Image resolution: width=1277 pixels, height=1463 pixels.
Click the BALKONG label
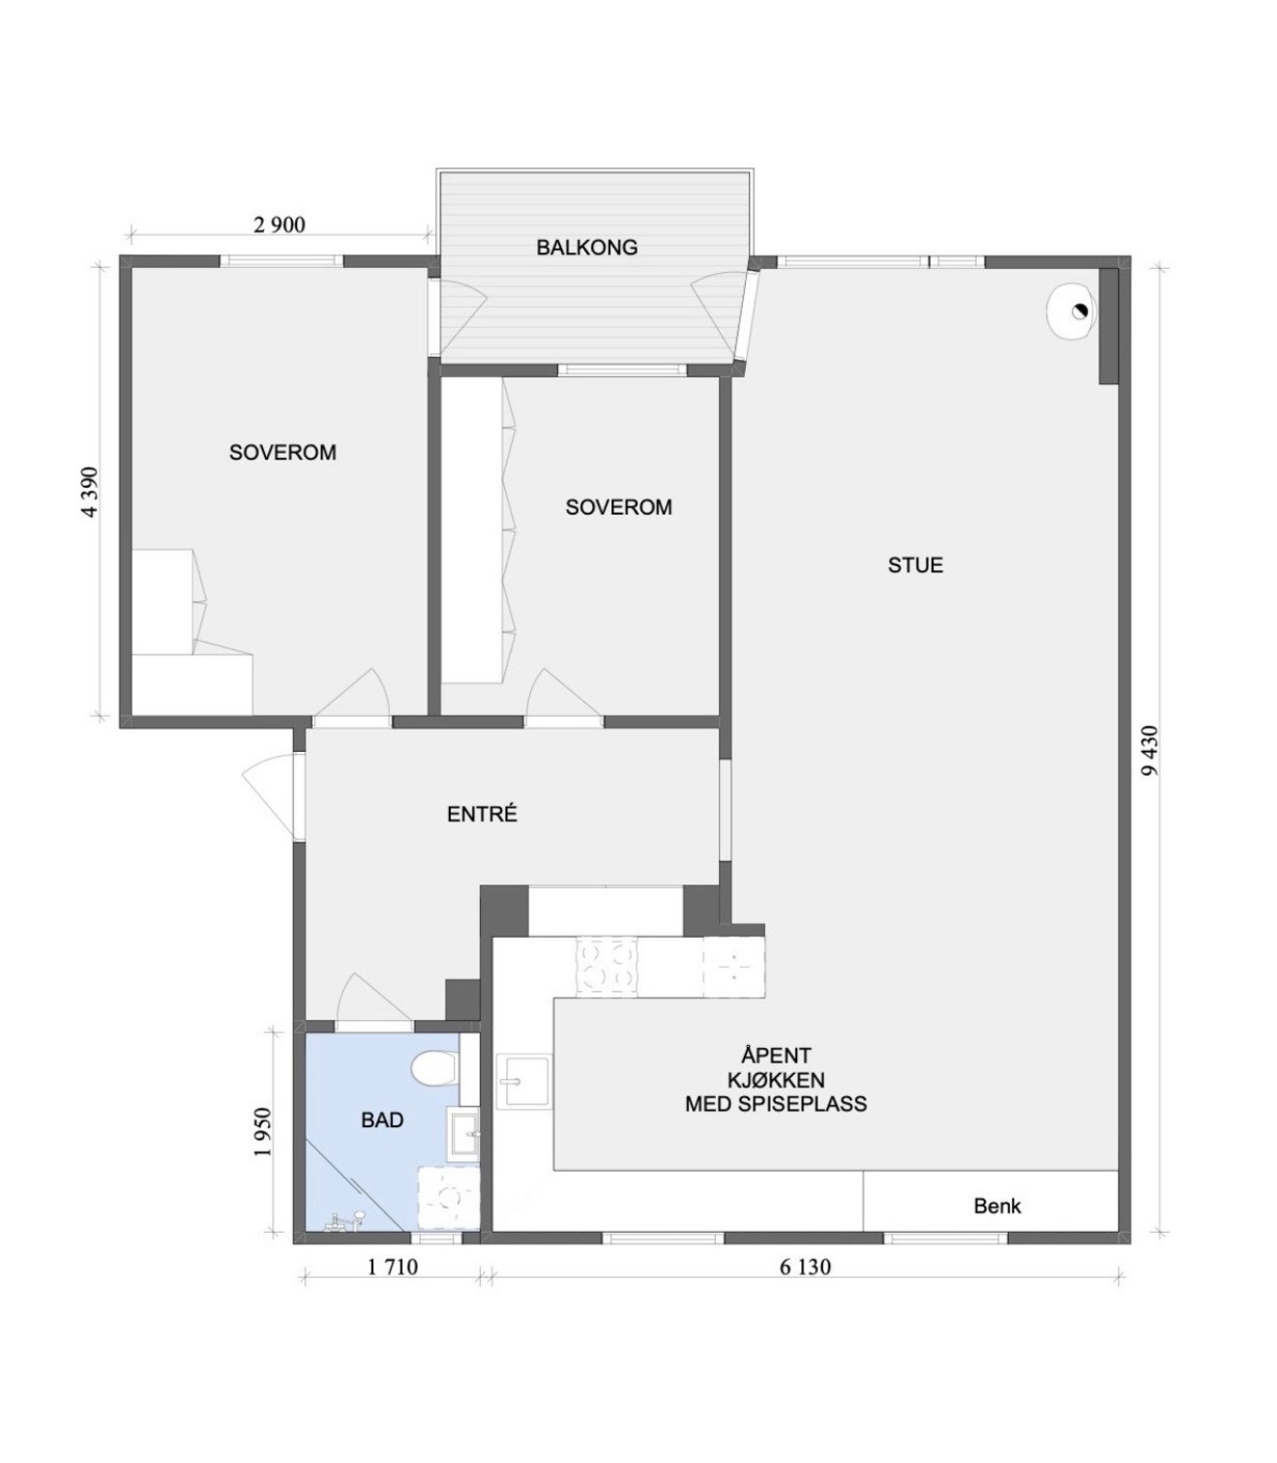pyautogui.click(x=587, y=248)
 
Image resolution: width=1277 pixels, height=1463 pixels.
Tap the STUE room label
pyautogui.click(x=915, y=566)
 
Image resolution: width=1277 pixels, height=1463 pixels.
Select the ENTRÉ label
pyautogui.click(x=482, y=814)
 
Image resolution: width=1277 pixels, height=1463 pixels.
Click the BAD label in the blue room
pyautogui.click(x=382, y=1120)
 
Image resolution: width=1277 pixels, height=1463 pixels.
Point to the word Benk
pyautogui.click(x=997, y=1207)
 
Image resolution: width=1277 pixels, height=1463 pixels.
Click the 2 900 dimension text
pyautogui.click(x=280, y=225)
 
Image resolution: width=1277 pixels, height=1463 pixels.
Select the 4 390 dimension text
pyautogui.click(x=90, y=492)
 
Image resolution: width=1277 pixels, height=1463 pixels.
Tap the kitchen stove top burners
pyautogui.click(x=607, y=966)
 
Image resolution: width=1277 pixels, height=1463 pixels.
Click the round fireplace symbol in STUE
pyautogui.click(x=1070, y=311)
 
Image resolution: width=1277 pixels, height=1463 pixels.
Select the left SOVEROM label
pyautogui.click(x=282, y=453)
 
